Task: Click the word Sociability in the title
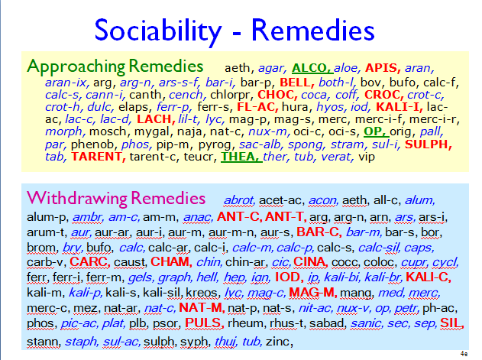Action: [158, 31]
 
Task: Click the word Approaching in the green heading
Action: [76, 66]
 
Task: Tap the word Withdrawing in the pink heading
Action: [77, 199]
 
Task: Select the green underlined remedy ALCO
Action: [312, 68]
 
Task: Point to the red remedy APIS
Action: [383, 68]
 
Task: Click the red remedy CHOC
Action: [277, 95]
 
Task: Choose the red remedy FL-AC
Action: [257, 107]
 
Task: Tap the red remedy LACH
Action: [156, 119]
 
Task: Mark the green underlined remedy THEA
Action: [241, 157]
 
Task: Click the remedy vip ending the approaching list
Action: [367, 157]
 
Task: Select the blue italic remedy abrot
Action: [239, 200]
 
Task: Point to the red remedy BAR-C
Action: [319, 232]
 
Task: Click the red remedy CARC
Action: [90, 262]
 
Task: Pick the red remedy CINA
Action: [310, 262]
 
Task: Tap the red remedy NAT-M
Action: [202, 308]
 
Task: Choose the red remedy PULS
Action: [204, 323]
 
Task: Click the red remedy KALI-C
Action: [429, 277]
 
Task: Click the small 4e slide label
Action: [464, 354]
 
